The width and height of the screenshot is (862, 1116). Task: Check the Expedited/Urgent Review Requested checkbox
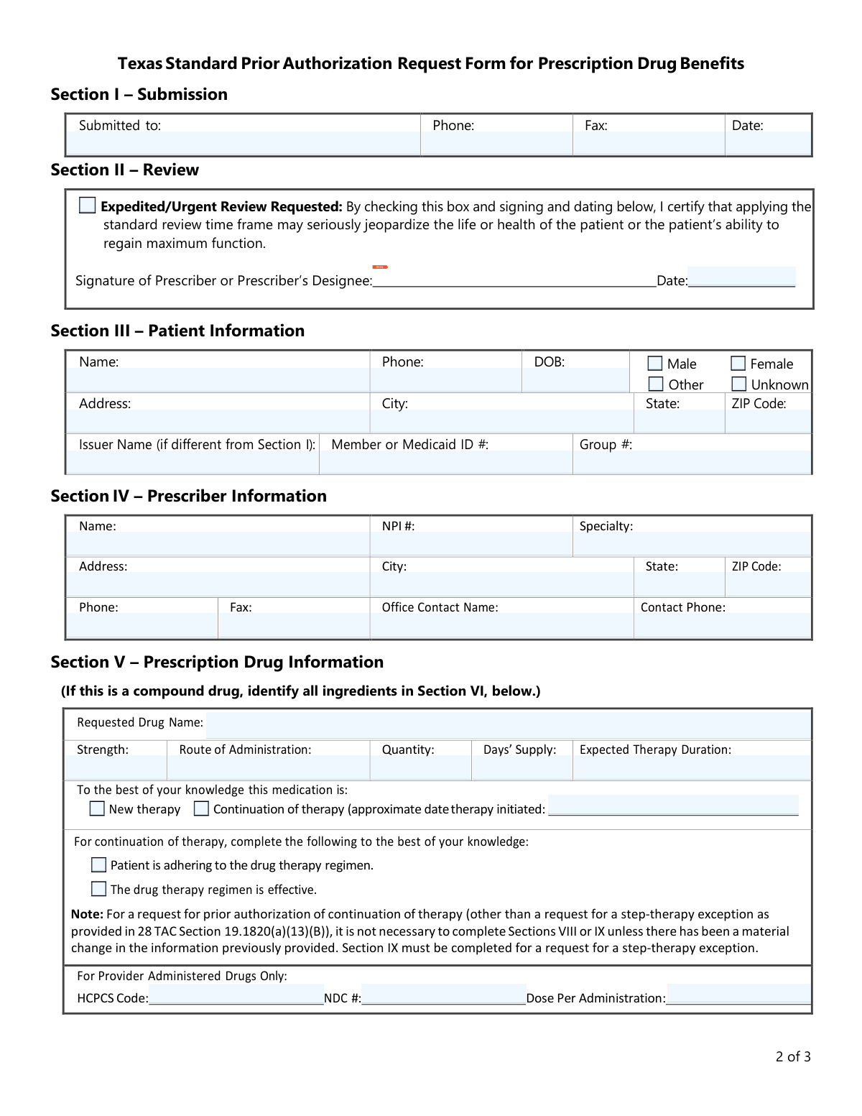(88, 206)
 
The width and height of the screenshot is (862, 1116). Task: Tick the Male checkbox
(655, 364)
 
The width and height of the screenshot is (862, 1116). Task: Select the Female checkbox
(738, 364)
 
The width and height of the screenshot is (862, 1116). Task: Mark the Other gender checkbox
(656, 384)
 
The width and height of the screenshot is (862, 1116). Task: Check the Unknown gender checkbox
(739, 384)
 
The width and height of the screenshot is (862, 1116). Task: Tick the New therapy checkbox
(97, 808)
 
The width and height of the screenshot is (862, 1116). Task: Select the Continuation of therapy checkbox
(202, 808)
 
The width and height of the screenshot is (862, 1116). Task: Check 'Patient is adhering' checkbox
(99, 864)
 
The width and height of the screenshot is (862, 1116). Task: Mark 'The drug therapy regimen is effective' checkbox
(99, 889)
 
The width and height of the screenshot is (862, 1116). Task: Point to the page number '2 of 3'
(793, 1056)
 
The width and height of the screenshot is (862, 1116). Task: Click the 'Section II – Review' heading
(125, 170)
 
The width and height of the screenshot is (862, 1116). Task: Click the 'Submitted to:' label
(120, 126)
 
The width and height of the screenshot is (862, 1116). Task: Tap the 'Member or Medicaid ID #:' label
(410, 445)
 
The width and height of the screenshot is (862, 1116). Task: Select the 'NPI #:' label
(399, 526)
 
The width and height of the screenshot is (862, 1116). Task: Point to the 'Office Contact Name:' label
(440, 607)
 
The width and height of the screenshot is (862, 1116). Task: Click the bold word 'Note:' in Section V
(87, 914)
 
